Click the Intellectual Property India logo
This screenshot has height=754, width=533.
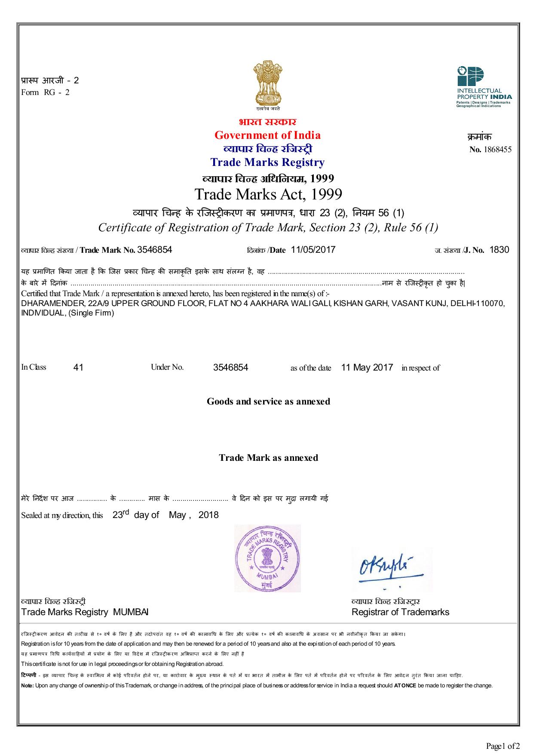point(483,86)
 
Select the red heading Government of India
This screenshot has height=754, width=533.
point(267,135)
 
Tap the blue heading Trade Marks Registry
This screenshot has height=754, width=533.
point(267,162)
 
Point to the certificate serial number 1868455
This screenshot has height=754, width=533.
point(497,150)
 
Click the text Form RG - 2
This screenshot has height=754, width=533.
point(45,92)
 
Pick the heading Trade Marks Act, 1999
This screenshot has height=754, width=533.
point(268,194)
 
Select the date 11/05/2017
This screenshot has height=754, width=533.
point(313,250)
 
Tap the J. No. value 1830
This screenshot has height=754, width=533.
point(499,250)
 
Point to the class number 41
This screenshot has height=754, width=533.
point(79,368)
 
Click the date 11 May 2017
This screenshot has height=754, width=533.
point(367,368)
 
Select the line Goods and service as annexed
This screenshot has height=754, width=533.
point(268,402)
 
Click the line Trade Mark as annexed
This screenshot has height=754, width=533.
point(268,458)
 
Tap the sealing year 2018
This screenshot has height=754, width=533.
point(208,515)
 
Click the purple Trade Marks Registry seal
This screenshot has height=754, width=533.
point(267,558)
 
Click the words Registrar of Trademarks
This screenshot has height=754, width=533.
point(400,612)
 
